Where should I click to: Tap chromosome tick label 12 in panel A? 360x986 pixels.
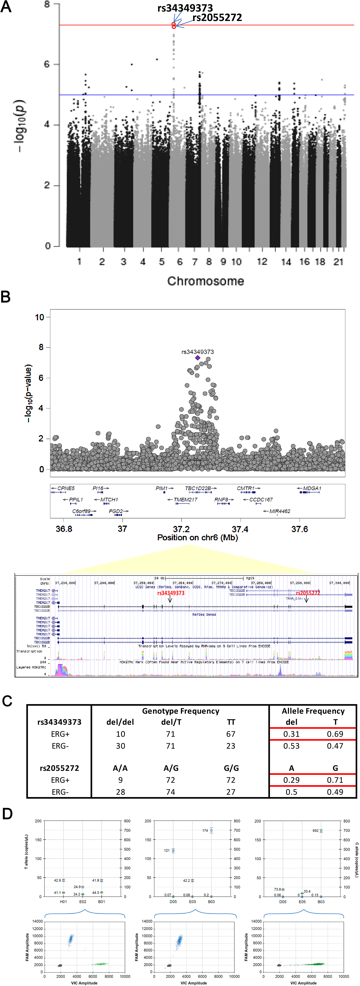click(x=262, y=262)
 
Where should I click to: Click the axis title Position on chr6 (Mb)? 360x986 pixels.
click(x=197, y=538)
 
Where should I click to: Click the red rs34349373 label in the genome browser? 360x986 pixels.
click(x=171, y=593)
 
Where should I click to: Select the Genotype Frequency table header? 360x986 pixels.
click(x=181, y=711)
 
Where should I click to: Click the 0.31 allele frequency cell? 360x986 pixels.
click(x=292, y=734)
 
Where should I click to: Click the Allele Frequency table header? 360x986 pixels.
click(x=313, y=711)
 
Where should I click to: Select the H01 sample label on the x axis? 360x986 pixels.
click(x=64, y=902)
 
